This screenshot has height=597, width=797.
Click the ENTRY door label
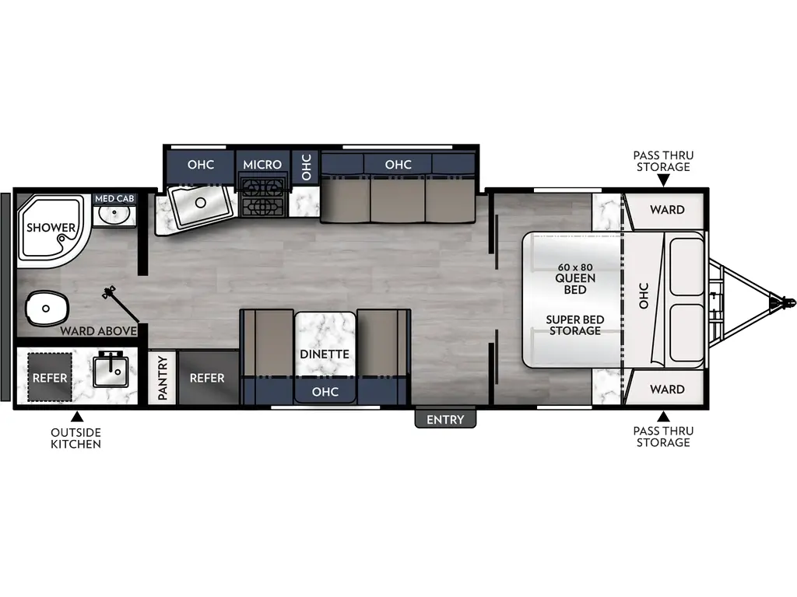(x=444, y=419)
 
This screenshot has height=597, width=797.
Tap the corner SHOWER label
(x=51, y=228)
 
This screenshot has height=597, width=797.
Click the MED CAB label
(x=114, y=199)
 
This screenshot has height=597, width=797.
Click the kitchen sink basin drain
(x=200, y=203)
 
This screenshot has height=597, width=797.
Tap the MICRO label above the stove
(x=262, y=165)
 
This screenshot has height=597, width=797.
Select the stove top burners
(x=262, y=197)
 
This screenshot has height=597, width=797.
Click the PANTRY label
(x=163, y=378)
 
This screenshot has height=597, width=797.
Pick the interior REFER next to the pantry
(x=207, y=378)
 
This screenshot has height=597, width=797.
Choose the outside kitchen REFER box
(x=51, y=378)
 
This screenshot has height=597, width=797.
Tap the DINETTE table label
(x=325, y=354)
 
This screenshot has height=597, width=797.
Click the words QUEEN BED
(x=575, y=284)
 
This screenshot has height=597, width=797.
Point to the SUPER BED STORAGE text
(x=574, y=325)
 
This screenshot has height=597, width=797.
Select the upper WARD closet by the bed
(x=667, y=209)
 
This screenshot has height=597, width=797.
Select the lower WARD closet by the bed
(x=667, y=389)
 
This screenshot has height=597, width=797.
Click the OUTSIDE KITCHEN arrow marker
(x=75, y=418)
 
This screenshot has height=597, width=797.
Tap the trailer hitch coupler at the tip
(x=783, y=300)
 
